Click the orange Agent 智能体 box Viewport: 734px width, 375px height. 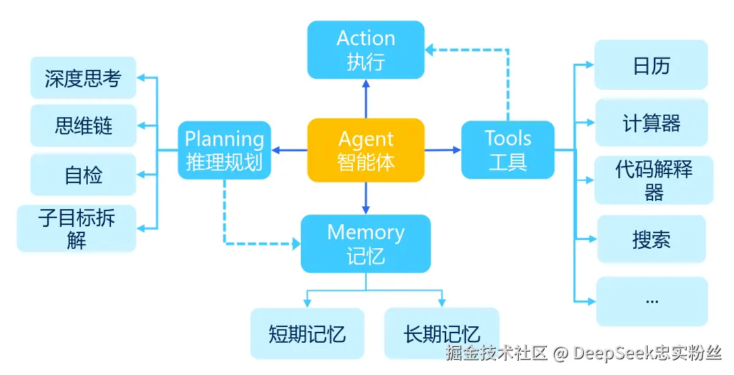pyautogui.click(x=366, y=150)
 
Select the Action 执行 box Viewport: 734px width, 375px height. pyautogui.click(x=366, y=49)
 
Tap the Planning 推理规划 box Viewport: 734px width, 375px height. pyautogui.click(x=224, y=150)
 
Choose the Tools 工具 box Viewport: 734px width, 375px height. pyautogui.click(x=508, y=150)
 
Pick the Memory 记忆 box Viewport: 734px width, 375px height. pyautogui.click(x=366, y=243)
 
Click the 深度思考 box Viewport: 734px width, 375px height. pyautogui.click(x=83, y=78)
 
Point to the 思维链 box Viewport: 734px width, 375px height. pyautogui.click(x=83, y=125)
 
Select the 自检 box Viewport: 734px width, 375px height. pyautogui.click(x=83, y=175)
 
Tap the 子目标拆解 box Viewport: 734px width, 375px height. pyautogui.click(x=77, y=228)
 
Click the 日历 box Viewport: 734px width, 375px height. pyautogui.click(x=651, y=65)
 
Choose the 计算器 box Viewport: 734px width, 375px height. pyautogui.click(x=651, y=123)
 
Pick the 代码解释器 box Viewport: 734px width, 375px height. pyautogui.click(x=653, y=180)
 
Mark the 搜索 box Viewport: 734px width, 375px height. pyautogui.click(x=651, y=239)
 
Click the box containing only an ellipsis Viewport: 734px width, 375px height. pyautogui.click(x=652, y=301)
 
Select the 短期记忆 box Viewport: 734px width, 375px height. pyautogui.click(x=306, y=334)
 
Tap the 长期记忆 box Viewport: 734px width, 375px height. pyautogui.click(x=441, y=334)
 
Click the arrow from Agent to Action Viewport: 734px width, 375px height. pyautogui.click(x=366, y=98)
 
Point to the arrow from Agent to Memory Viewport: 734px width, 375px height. pyautogui.click(x=366, y=198)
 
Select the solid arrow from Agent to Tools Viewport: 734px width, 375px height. pyautogui.click(x=443, y=149)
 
